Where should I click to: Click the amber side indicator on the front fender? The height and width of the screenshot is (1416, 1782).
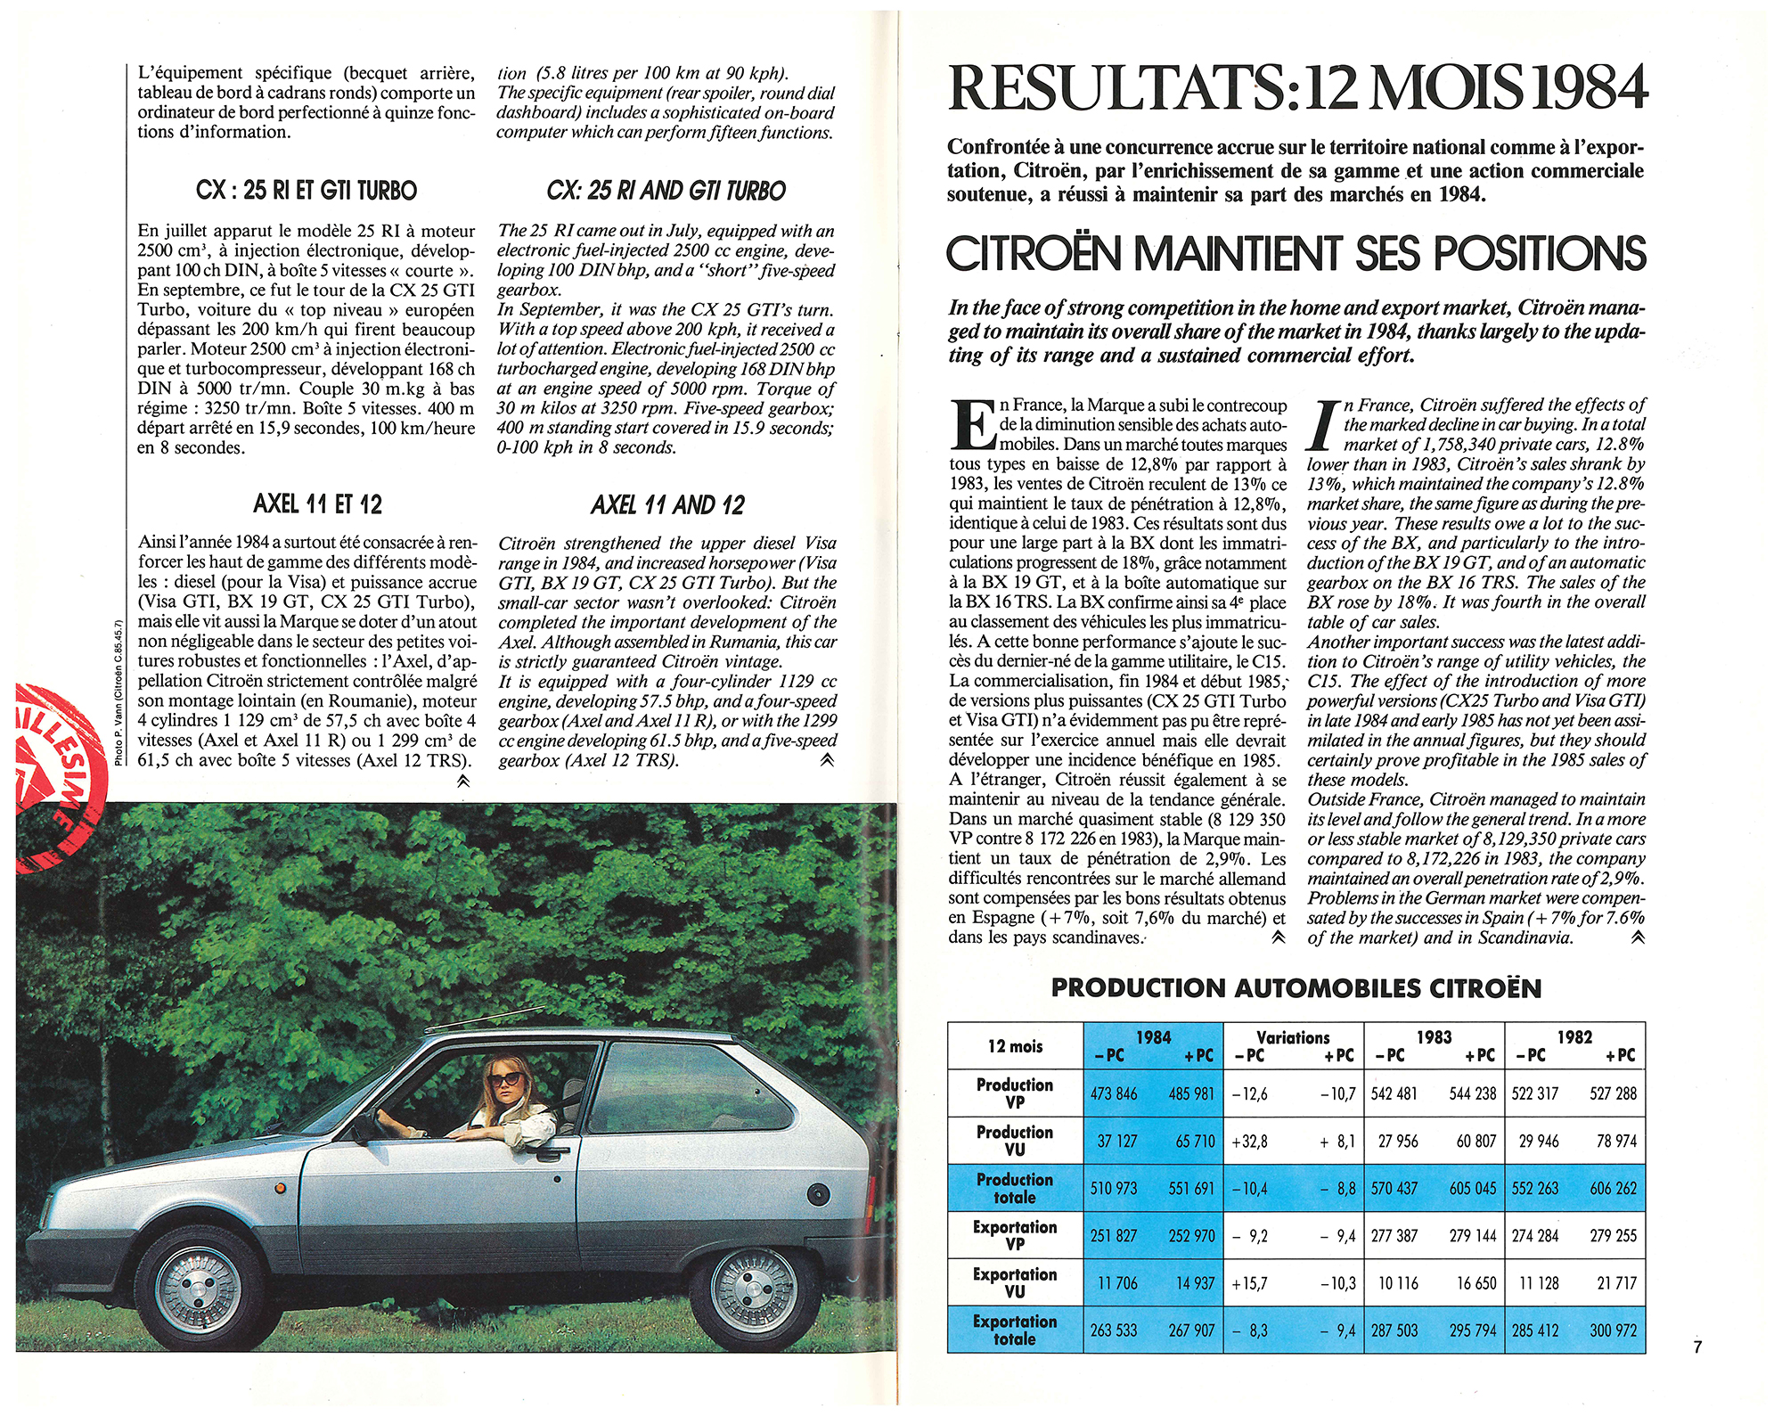279,1186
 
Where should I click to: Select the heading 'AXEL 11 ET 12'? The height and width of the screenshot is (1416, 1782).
317,504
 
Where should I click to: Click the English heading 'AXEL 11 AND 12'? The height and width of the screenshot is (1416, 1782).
667,505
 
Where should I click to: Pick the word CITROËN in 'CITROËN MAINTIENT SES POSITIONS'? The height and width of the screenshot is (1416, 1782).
1034,254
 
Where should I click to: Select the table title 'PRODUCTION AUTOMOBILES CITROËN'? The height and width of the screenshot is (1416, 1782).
1296,988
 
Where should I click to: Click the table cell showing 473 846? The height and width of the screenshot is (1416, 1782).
1114,1093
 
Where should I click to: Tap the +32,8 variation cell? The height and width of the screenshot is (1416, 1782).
1249,1142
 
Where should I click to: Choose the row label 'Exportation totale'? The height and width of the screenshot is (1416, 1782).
1015,1330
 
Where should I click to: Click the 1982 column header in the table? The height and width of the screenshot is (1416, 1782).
1574,1036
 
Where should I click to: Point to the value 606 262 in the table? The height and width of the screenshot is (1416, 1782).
1613,1189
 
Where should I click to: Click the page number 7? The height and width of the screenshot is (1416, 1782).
1697,1346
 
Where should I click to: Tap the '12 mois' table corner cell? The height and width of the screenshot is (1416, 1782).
1015,1046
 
